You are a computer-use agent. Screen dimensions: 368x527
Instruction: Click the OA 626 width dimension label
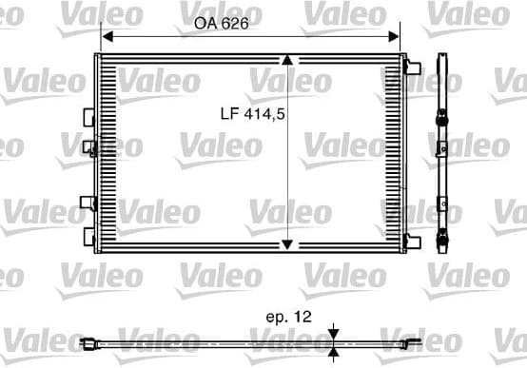point(221,24)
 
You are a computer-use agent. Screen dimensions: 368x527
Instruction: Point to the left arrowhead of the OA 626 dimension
point(107,36)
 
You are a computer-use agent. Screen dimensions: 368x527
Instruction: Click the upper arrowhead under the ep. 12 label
point(334,333)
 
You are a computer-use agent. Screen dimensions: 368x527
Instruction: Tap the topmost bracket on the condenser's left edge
point(88,116)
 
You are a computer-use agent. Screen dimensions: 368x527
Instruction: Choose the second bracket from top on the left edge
point(88,146)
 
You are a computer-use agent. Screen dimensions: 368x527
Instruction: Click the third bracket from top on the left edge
point(88,203)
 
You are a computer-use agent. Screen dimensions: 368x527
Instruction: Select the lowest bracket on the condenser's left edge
point(88,234)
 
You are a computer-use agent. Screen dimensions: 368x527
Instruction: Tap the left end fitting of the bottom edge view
point(88,342)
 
